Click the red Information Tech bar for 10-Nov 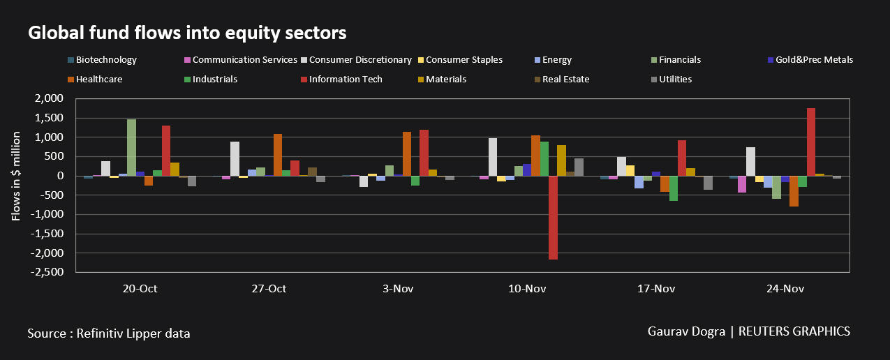coord(553,218)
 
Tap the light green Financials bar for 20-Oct coord(131,147)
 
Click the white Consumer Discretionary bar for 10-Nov coord(493,157)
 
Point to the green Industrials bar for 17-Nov coord(674,188)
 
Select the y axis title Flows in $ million coord(16,176)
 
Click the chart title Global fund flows coord(186,33)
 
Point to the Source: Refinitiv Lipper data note coord(109,333)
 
